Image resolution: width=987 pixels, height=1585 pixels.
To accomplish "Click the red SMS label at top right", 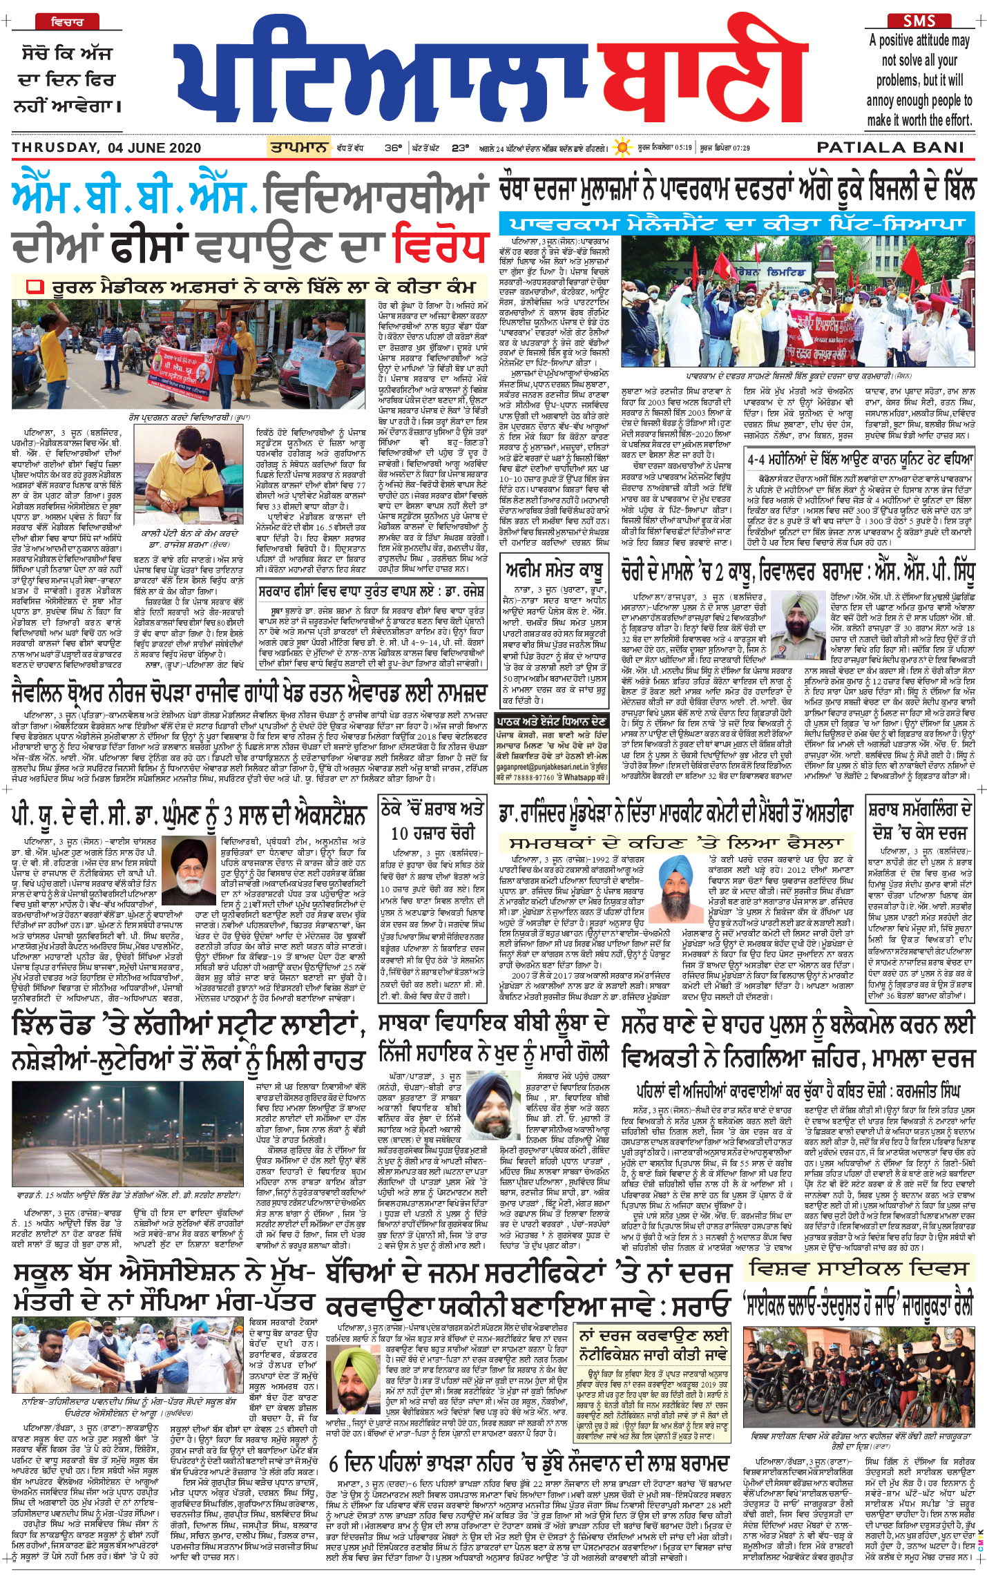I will point(920,21).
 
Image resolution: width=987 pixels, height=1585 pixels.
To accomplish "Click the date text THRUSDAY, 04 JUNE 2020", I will point(106,148).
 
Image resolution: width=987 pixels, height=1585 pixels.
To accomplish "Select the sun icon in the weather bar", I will point(624,148).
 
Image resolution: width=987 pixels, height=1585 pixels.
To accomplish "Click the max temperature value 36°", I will point(393,148).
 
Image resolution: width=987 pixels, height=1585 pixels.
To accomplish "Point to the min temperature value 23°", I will point(460,148).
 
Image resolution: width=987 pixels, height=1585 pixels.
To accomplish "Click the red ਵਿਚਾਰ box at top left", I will point(67,22).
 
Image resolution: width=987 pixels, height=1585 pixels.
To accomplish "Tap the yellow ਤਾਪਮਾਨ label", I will point(299,147).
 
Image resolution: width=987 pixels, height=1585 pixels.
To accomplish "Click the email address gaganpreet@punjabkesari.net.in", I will point(551,767).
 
